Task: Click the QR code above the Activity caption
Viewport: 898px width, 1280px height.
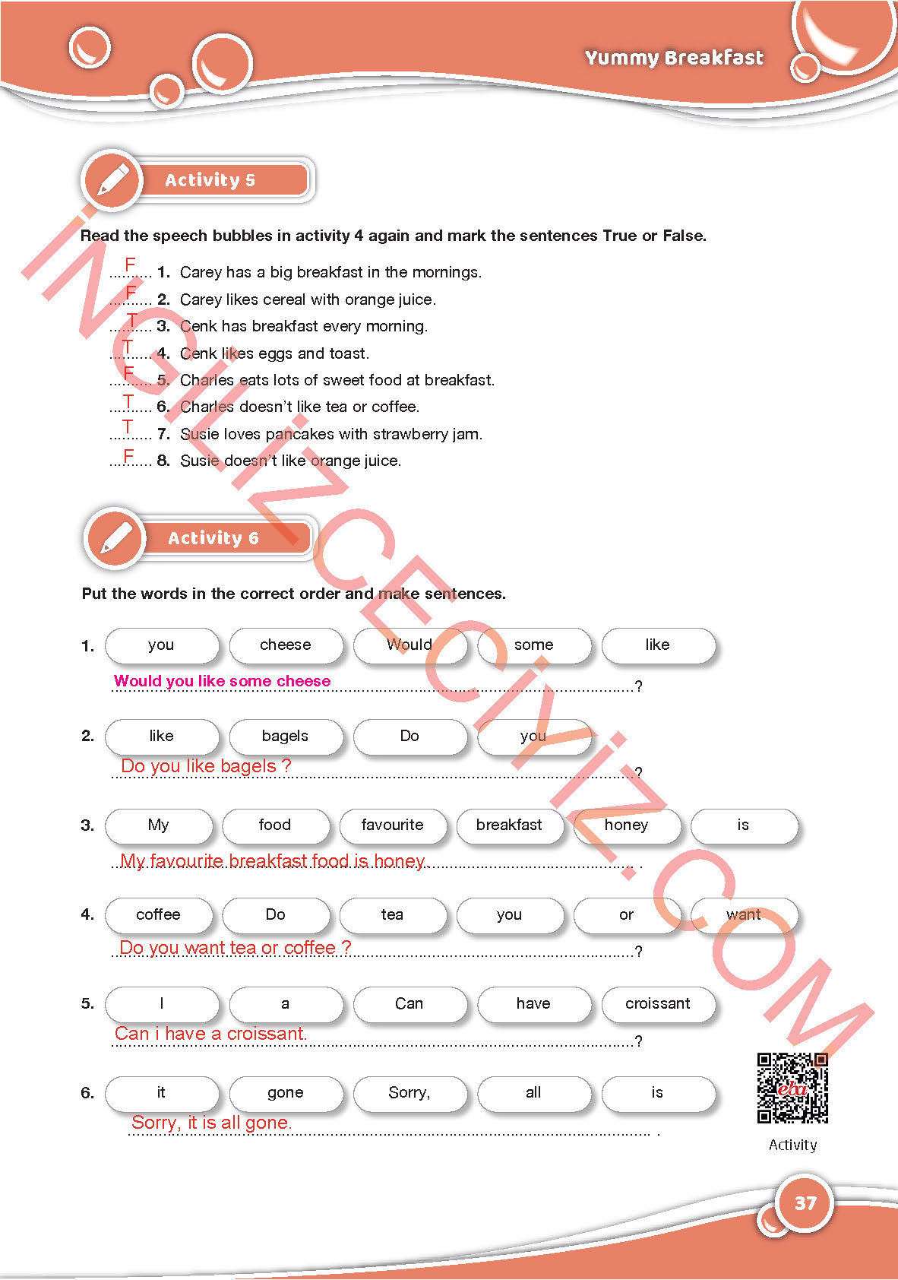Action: click(x=792, y=1088)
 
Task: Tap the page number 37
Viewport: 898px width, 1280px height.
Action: click(x=805, y=1203)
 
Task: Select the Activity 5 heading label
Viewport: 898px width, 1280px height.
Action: click(x=210, y=180)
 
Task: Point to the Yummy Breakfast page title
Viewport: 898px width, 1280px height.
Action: click(x=674, y=58)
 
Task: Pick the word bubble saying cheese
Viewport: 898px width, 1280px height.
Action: click(x=286, y=645)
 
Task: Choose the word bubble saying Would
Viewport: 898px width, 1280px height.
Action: click(x=409, y=645)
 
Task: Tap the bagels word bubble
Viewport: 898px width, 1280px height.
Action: click(x=286, y=736)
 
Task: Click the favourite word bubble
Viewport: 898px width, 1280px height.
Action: click(x=392, y=825)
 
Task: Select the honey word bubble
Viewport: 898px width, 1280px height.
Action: click(x=626, y=825)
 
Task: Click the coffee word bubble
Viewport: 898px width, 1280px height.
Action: click(x=159, y=915)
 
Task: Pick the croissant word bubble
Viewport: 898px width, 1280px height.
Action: click(x=658, y=1004)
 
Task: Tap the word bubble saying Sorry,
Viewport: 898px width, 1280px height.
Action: click(x=409, y=1093)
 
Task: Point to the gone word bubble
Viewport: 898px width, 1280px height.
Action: click(x=286, y=1093)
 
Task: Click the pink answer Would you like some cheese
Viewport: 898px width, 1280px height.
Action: click(x=222, y=681)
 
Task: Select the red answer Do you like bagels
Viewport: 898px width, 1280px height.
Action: click(x=206, y=766)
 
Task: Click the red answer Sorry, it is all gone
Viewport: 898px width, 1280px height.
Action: click(x=211, y=1123)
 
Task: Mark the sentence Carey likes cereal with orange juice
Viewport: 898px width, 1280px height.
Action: click(x=308, y=299)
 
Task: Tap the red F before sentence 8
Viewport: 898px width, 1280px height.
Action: click(x=129, y=455)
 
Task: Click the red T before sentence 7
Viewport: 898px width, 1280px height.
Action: click(x=128, y=427)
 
